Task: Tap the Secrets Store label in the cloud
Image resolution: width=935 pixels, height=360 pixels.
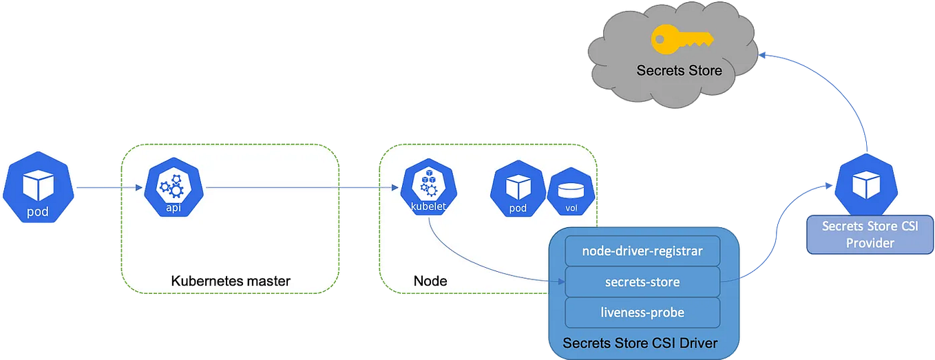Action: click(679, 70)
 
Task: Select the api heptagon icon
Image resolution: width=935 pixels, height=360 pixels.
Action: click(172, 187)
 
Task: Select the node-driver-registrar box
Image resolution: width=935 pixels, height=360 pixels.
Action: click(642, 251)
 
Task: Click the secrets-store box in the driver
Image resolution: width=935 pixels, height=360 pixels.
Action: click(642, 282)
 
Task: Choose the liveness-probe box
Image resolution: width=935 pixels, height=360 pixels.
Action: click(642, 313)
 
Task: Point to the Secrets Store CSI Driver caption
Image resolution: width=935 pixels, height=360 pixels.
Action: click(640, 342)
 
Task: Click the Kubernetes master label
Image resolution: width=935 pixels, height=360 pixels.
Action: click(231, 281)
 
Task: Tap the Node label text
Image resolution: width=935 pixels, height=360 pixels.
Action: click(430, 281)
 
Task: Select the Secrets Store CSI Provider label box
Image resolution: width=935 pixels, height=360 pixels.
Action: click(870, 235)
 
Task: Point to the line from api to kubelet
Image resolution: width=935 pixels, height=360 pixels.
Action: click(296, 187)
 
